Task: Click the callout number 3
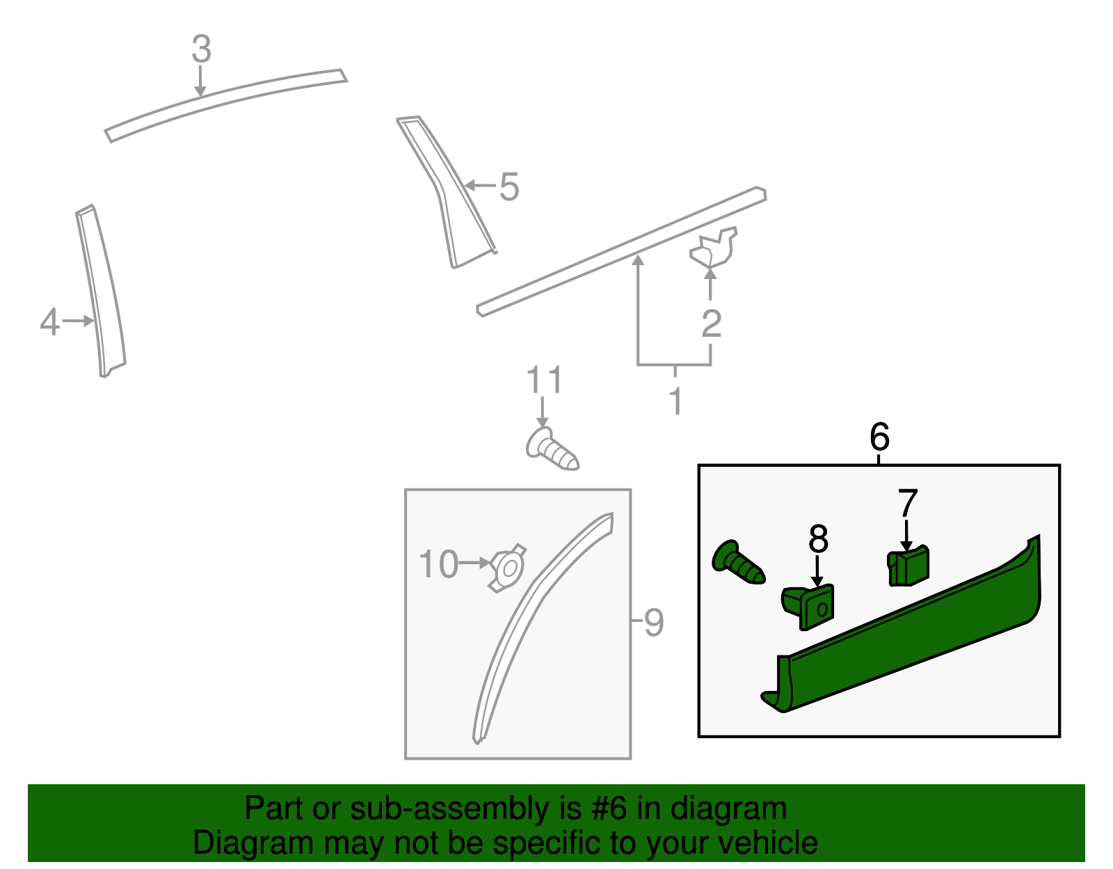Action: (x=201, y=49)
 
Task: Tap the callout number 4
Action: (x=49, y=321)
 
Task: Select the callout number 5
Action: (x=509, y=186)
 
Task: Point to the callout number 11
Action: (x=545, y=379)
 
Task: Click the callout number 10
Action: (x=438, y=564)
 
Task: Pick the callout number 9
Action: (x=654, y=622)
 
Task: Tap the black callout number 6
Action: (x=879, y=436)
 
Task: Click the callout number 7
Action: (x=908, y=502)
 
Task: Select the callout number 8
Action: (x=818, y=539)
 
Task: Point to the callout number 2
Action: (x=712, y=324)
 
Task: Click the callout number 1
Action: (x=676, y=400)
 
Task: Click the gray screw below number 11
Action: (x=552, y=450)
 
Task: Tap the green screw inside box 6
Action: (x=738, y=563)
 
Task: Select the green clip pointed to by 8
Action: (x=808, y=606)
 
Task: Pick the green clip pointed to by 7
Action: (x=908, y=566)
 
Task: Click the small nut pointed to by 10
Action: (x=508, y=568)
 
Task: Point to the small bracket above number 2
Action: (x=714, y=247)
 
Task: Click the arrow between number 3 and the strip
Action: (x=200, y=81)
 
